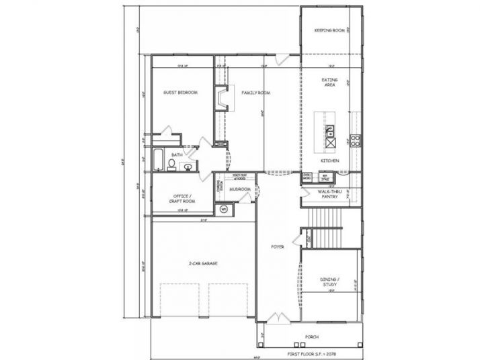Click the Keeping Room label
click(x=330, y=30)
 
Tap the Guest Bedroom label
click(x=180, y=92)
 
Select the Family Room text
click(x=255, y=92)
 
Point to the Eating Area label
click(x=329, y=83)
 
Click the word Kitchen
click(x=329, y=162)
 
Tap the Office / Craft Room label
click(x=180, y=199)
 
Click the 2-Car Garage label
click(x=202, y=264)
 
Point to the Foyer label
click(x=278, y=247)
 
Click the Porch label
click(x=311, y=336)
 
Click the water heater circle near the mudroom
click(x=225, y=209)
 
